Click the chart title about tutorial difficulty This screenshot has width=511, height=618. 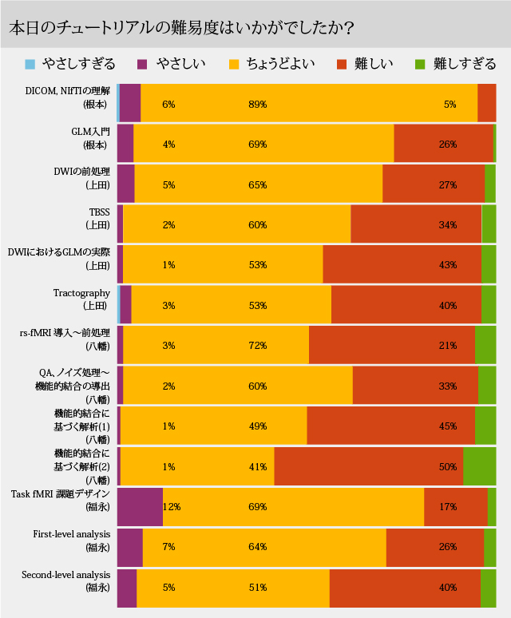coord(182,26)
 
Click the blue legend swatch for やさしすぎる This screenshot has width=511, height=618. coord(30,64)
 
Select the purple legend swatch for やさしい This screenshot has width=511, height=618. coord(144,64)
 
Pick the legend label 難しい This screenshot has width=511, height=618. coord(374,64)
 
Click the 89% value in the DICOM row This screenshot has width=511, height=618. coord(257,105)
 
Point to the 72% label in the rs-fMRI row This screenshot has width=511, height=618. coord(257,346)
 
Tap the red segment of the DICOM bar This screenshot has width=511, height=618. coord(486,103)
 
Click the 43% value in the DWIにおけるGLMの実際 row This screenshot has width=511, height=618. coord(448,265)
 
